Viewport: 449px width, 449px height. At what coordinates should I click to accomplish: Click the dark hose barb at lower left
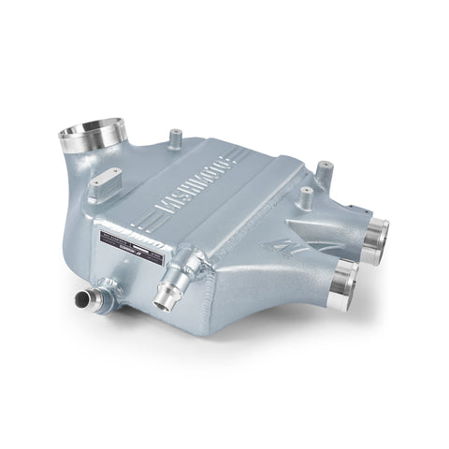pyautogui.click(x=87, y=302)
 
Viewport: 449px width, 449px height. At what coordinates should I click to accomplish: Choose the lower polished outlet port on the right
pyautogui.click(x=344, y=275)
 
